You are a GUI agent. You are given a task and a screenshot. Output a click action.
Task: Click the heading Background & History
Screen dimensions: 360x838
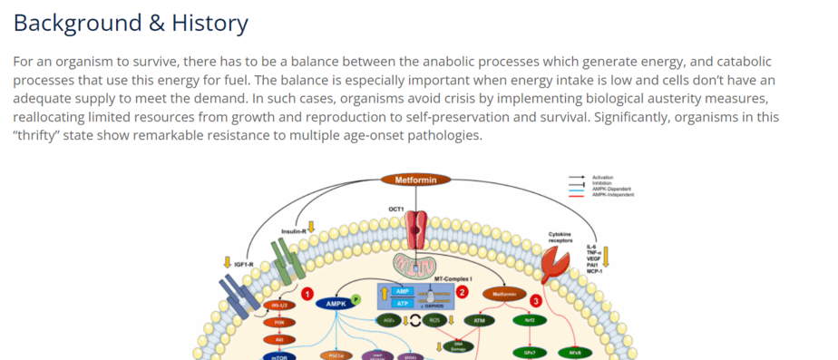click(131, 23)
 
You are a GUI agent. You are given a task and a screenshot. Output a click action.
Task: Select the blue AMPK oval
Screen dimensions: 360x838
click(334, 304)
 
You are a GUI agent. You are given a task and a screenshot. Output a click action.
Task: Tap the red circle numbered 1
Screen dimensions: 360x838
click(307, 293)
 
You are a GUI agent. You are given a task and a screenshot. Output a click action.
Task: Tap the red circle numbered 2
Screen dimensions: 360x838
click(462, 292)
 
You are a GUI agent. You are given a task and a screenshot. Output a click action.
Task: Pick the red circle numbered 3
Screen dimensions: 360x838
click(536, 300)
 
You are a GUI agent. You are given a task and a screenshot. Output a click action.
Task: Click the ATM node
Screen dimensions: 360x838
click(478, 320)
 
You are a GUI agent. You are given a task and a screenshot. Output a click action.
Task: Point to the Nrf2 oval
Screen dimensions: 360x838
click(530, 320)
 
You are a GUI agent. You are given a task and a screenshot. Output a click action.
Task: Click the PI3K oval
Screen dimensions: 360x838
click(278, 322)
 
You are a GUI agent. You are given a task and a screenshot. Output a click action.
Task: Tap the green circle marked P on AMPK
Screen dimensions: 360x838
click(356, 299)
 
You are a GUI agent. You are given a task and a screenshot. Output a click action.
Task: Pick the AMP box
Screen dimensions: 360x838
click(404, 291)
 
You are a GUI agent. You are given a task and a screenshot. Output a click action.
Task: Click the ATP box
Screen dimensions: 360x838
click(404, 303)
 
